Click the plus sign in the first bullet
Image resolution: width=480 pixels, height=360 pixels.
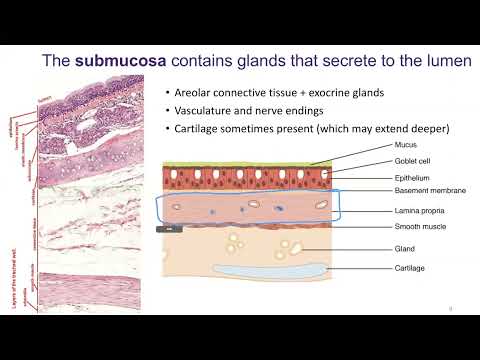pos(307,93)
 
